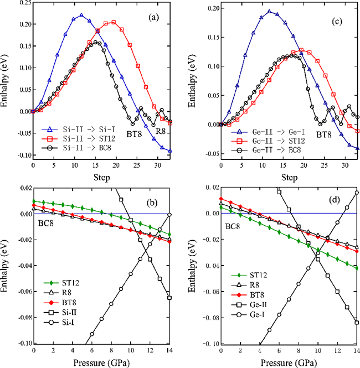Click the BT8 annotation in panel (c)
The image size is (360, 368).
[x=325, y=133]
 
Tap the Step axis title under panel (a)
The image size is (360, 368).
[x=101, y=177]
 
